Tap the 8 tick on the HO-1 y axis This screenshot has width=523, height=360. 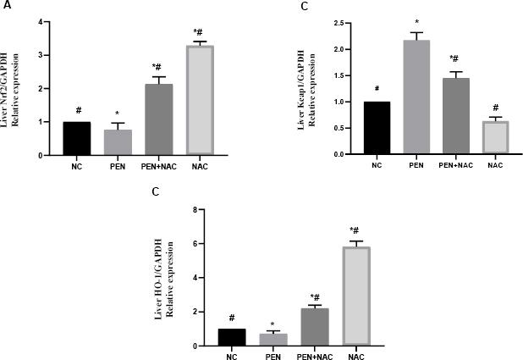tap(196, 209)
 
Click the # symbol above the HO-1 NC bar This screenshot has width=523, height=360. tap(231, 318)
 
